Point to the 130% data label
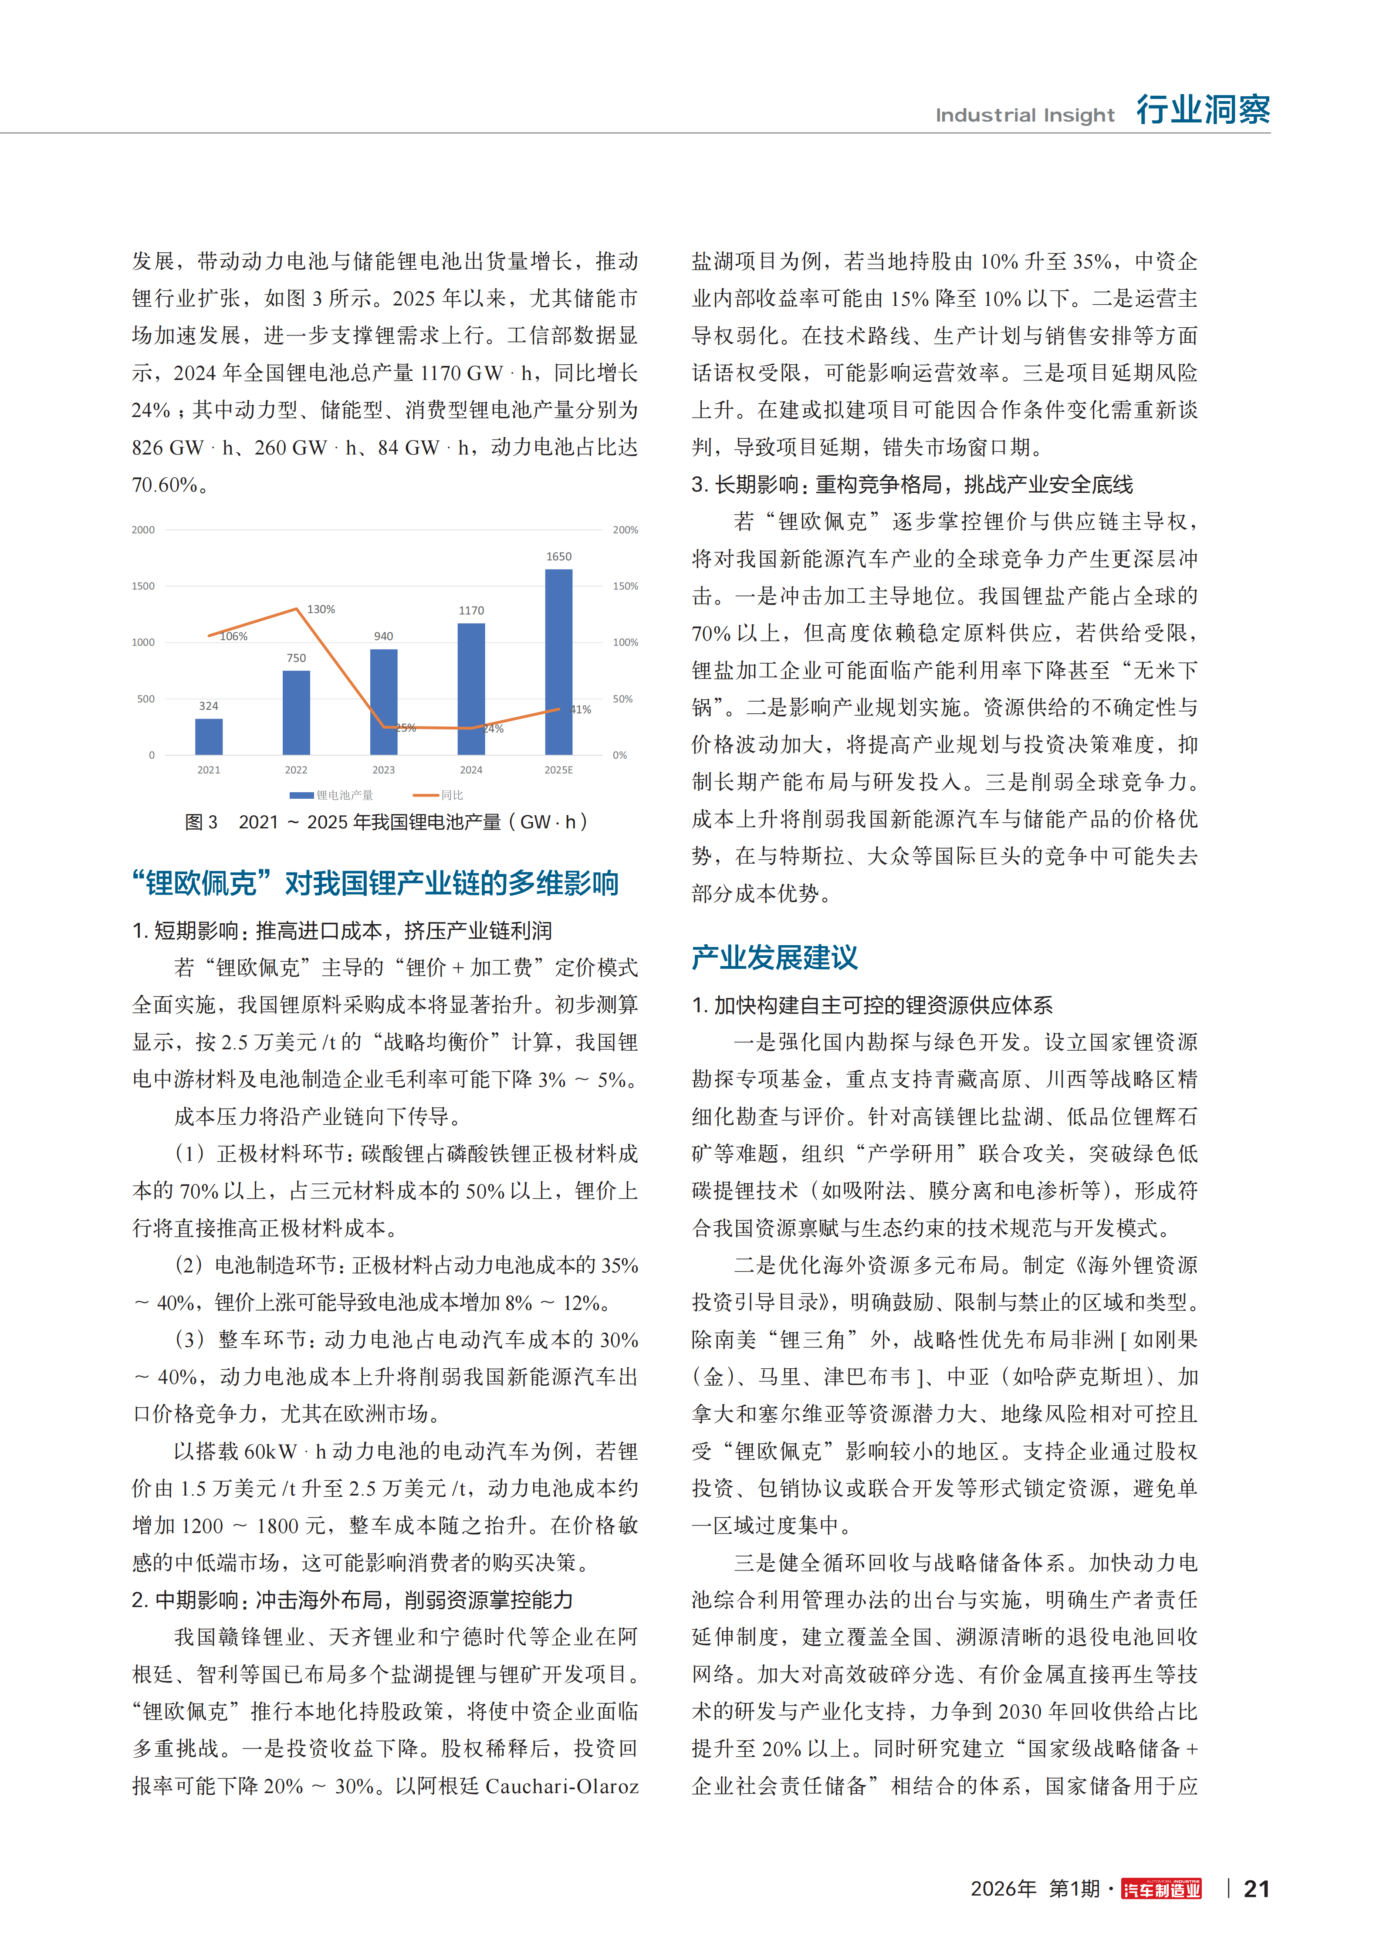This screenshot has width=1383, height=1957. pyautogui.click(x=321, y=610)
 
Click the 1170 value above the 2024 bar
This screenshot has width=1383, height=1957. pyautogui.click(x=471, y=611)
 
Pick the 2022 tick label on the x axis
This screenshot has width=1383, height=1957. pyautogui.click(x=296, y=770)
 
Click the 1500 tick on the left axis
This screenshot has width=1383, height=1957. pyautogui.click(x=143, y=587)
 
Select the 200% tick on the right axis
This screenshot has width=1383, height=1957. pyautogui.click(x=626, y=530)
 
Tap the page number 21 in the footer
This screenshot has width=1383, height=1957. pyautogui.click(x=1256, y=1889)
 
